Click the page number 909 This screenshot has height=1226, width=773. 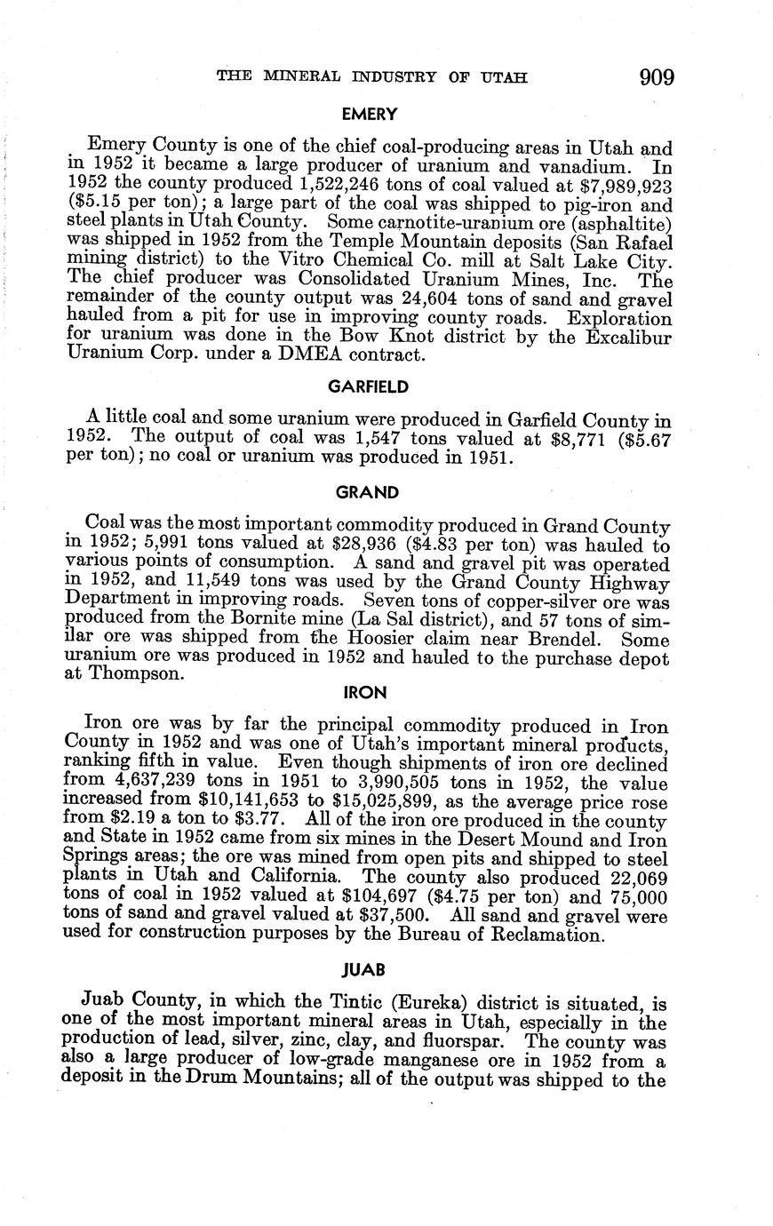point(656,77)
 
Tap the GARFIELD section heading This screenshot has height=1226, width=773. point(367,386)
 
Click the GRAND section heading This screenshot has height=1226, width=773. point(367,492)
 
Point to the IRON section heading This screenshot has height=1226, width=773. point(367,690)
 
